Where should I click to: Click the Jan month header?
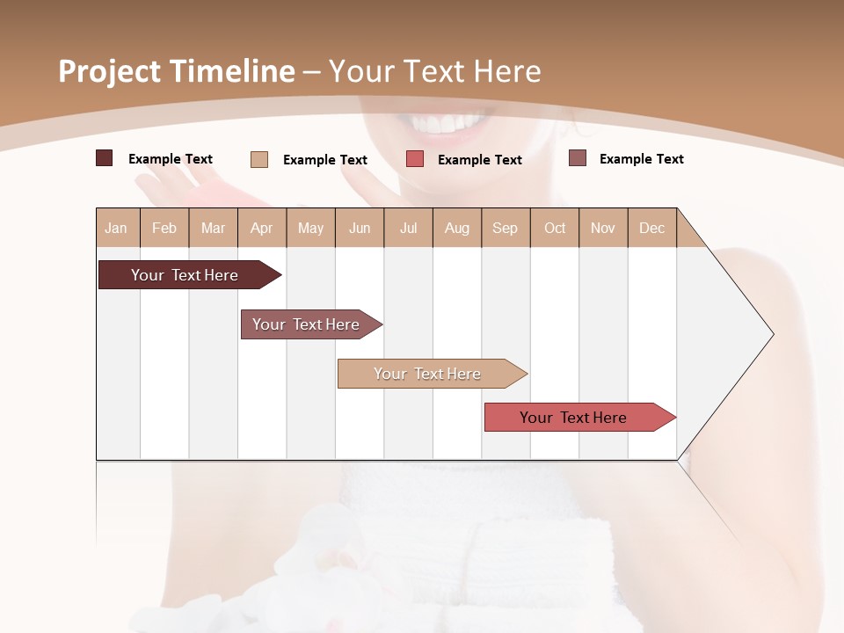[x=116, y=228]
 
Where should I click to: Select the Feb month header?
[x=164, y=228]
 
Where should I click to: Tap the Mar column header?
[x=213, y=228]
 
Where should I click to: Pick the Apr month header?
[x=262, y=228]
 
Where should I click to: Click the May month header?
[x=310, y=228]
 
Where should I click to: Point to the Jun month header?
[x=360, y=228]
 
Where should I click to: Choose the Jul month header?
[x=408, y=228]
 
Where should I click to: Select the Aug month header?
[x=457, y=228]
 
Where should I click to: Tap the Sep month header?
[x=506, y=228]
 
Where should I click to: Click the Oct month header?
[x=555, y=228]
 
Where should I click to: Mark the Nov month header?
[x=603, y=228]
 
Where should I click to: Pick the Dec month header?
[x=651, y=228]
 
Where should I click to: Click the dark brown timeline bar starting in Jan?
[x=185, y=275]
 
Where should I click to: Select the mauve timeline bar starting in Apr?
[x=306, y=324]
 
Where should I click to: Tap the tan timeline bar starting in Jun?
[x=427, y=374]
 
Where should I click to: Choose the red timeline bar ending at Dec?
[x=574, y=418]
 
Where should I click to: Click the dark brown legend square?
[x=104, y=158]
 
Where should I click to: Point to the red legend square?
[x=415, y=159]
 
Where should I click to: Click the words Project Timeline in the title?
[x=177, y=71]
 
